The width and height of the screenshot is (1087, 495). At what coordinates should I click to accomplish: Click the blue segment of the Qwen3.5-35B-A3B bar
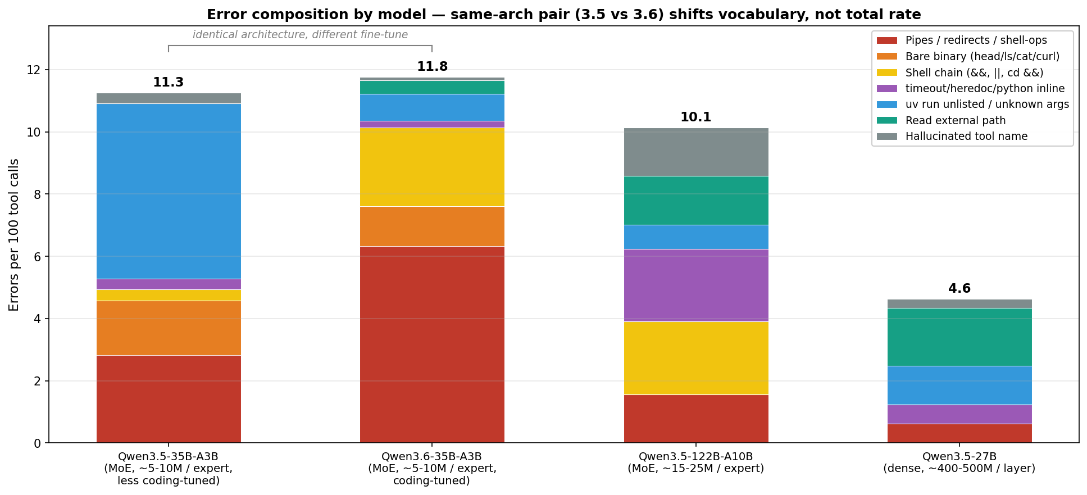169,191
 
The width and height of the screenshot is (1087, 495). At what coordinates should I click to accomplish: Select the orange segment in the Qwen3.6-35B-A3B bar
432,226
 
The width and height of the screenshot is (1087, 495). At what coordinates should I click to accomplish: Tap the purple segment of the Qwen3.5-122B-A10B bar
696,285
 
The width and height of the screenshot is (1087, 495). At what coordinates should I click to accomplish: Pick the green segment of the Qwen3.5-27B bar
959,337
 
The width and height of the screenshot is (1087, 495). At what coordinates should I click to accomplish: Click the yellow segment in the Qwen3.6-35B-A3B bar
432,167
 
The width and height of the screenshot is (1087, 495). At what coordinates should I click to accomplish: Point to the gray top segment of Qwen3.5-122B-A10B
696,152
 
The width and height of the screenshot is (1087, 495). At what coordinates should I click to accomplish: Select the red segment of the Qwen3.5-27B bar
959,433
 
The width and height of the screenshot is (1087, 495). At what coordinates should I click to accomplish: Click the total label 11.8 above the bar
432,67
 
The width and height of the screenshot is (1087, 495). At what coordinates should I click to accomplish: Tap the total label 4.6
959,289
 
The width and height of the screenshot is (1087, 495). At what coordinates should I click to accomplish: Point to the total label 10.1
696,117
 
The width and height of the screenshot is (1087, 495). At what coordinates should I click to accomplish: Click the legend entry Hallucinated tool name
966,137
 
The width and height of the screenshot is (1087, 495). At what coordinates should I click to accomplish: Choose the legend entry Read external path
955,121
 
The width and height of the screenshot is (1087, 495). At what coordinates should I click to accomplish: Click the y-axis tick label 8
37,194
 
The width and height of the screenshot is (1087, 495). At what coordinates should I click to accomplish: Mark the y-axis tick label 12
34,70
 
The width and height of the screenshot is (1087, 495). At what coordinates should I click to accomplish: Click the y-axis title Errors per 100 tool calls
14,235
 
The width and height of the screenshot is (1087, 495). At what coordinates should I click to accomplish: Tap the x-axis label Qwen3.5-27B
959,456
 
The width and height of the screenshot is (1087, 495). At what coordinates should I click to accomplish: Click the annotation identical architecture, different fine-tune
300,35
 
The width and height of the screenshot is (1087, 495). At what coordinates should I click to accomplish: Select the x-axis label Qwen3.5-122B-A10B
696,456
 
